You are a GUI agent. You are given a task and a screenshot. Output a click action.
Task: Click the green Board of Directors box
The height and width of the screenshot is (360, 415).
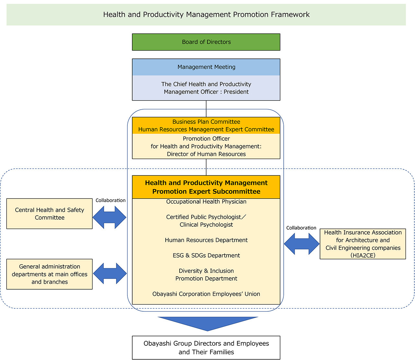206,42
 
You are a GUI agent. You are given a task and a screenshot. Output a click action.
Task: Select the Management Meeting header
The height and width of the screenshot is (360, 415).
206,67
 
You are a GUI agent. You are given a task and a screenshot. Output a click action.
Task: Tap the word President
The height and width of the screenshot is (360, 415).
236,92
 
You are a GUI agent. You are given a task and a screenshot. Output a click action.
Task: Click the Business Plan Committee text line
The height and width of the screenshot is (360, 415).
206,122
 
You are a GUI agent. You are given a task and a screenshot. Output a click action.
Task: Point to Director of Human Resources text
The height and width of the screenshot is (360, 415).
206,154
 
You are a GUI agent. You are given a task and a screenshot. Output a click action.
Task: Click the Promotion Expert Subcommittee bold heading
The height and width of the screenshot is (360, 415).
206,191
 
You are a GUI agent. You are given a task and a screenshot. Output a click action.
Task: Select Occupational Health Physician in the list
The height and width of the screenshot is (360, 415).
206,201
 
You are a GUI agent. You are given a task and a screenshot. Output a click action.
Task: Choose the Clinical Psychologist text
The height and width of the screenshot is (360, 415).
206,225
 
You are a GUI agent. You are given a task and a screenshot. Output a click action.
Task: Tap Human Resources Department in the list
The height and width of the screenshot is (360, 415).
206,240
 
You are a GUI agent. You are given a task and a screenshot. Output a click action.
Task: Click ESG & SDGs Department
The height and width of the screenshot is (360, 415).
206,255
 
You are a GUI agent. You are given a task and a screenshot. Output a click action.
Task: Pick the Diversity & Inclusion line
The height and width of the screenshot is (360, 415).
206,271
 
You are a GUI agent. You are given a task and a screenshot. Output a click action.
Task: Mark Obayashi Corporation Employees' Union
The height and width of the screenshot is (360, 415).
206,294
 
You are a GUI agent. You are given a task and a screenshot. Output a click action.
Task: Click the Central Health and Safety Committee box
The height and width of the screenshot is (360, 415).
49,214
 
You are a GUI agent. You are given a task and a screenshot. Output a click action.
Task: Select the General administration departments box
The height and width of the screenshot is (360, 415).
49,274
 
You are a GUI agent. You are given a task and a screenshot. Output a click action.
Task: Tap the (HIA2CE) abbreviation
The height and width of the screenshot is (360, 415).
363,255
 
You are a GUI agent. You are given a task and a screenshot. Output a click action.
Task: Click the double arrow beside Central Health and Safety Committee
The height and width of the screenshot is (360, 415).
109,217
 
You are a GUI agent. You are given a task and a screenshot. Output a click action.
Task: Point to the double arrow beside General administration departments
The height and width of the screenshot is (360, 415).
110,273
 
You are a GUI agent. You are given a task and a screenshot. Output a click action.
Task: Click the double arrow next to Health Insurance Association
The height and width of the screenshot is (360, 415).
302,244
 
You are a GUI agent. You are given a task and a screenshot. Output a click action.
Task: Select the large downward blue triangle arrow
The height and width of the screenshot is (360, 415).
207,323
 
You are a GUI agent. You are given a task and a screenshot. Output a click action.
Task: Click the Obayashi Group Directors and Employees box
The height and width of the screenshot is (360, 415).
206,348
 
